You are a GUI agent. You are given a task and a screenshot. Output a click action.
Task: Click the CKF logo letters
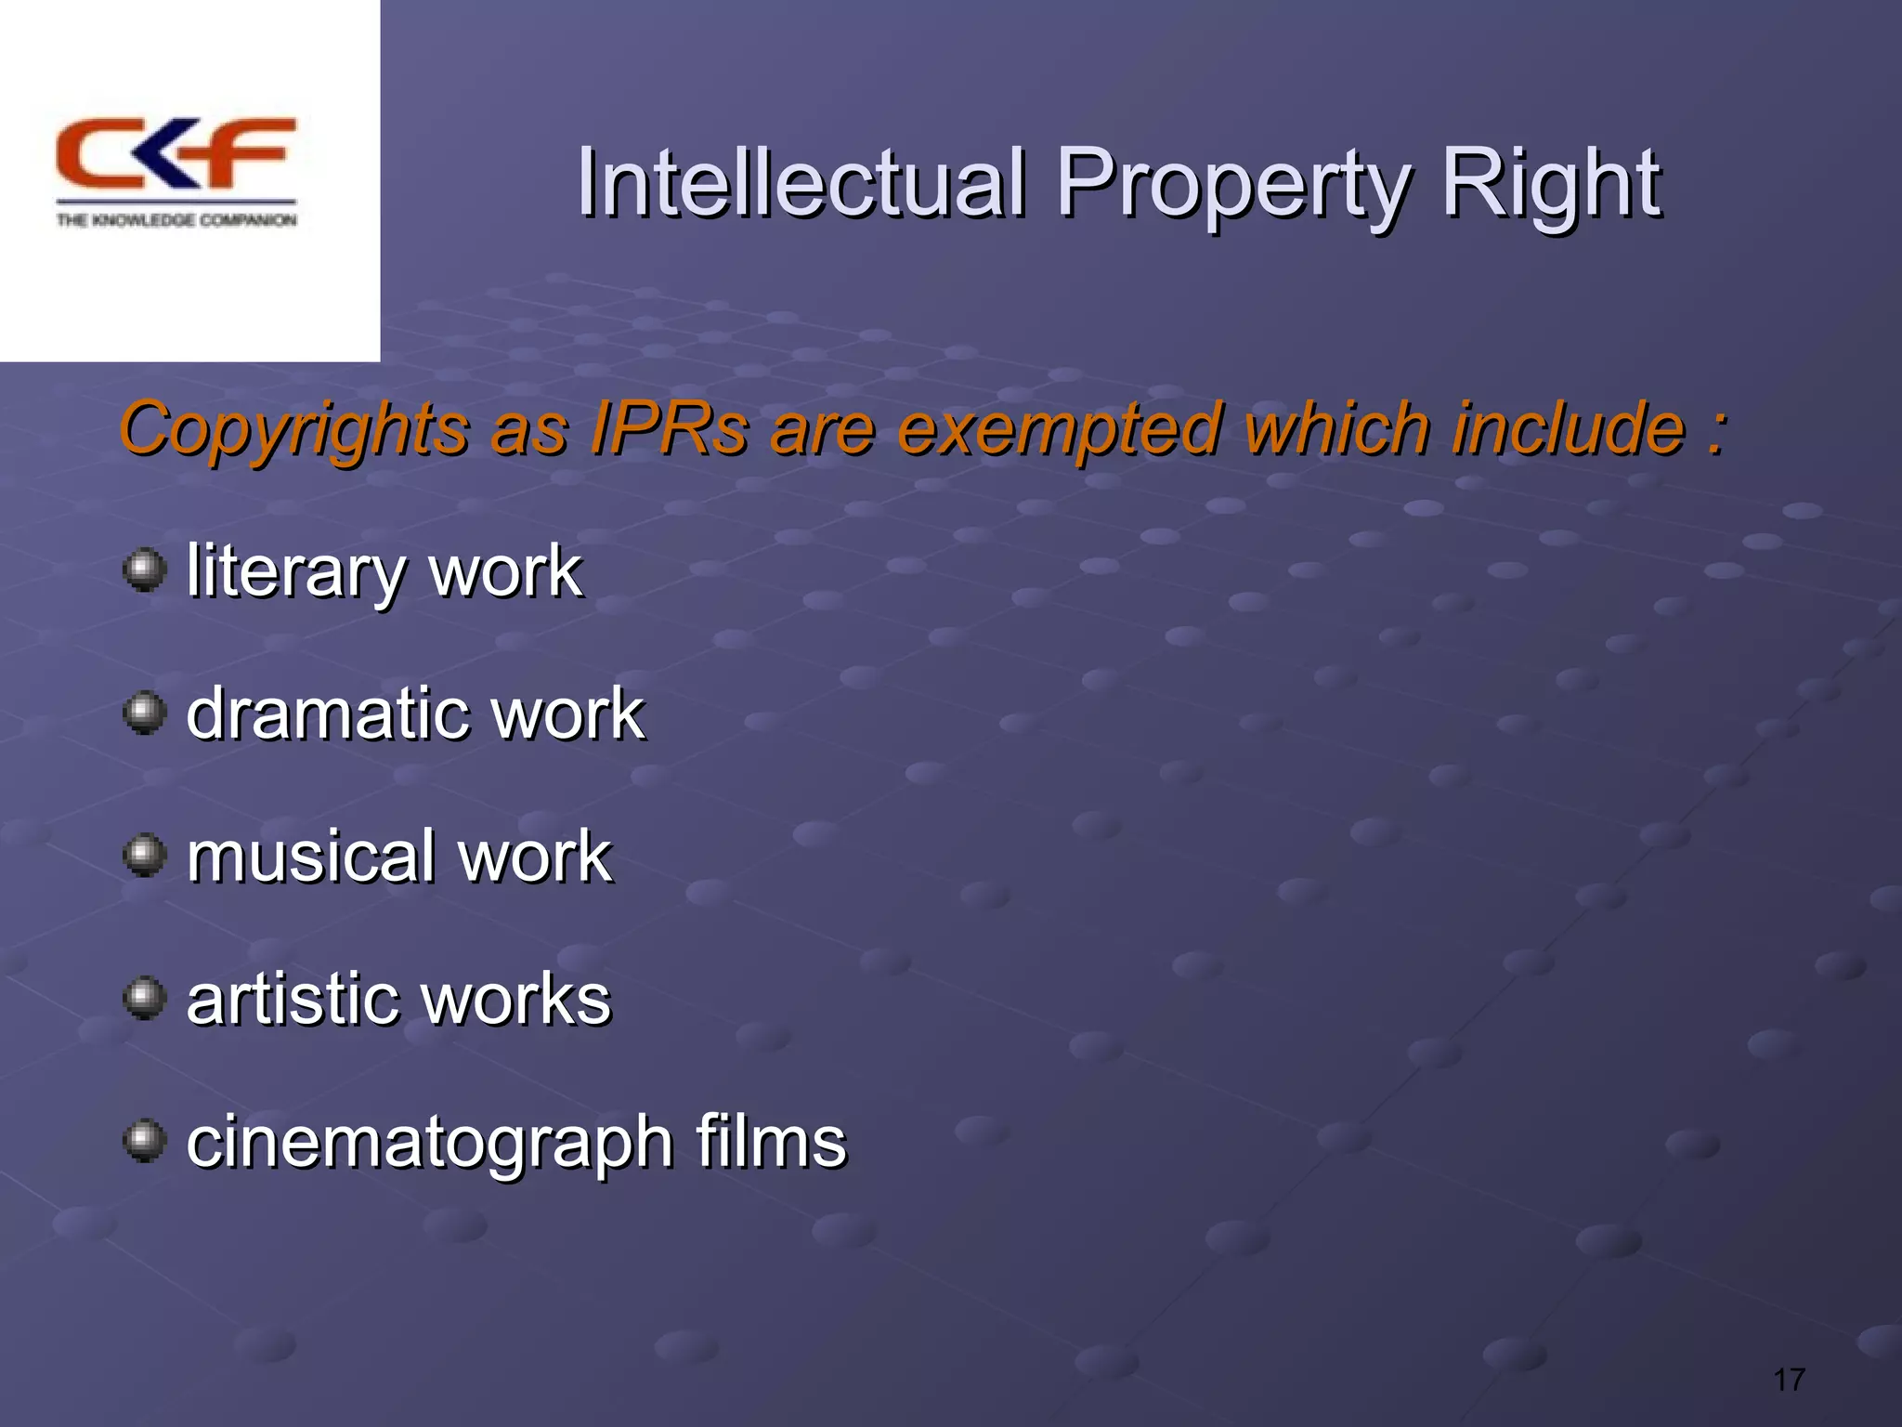point(176,153)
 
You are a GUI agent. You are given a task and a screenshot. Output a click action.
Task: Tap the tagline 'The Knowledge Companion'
point(176,220)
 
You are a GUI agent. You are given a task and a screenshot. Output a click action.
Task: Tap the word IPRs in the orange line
point(669,429)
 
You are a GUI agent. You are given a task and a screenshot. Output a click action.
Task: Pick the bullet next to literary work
point(144,569)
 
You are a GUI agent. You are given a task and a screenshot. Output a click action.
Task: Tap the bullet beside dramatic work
point(144,713)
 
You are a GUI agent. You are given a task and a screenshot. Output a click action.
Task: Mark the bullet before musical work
point(144,855)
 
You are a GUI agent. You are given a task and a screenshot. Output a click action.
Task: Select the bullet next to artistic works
point(144,998)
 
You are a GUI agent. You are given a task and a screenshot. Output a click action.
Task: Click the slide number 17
point(1789,1380)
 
